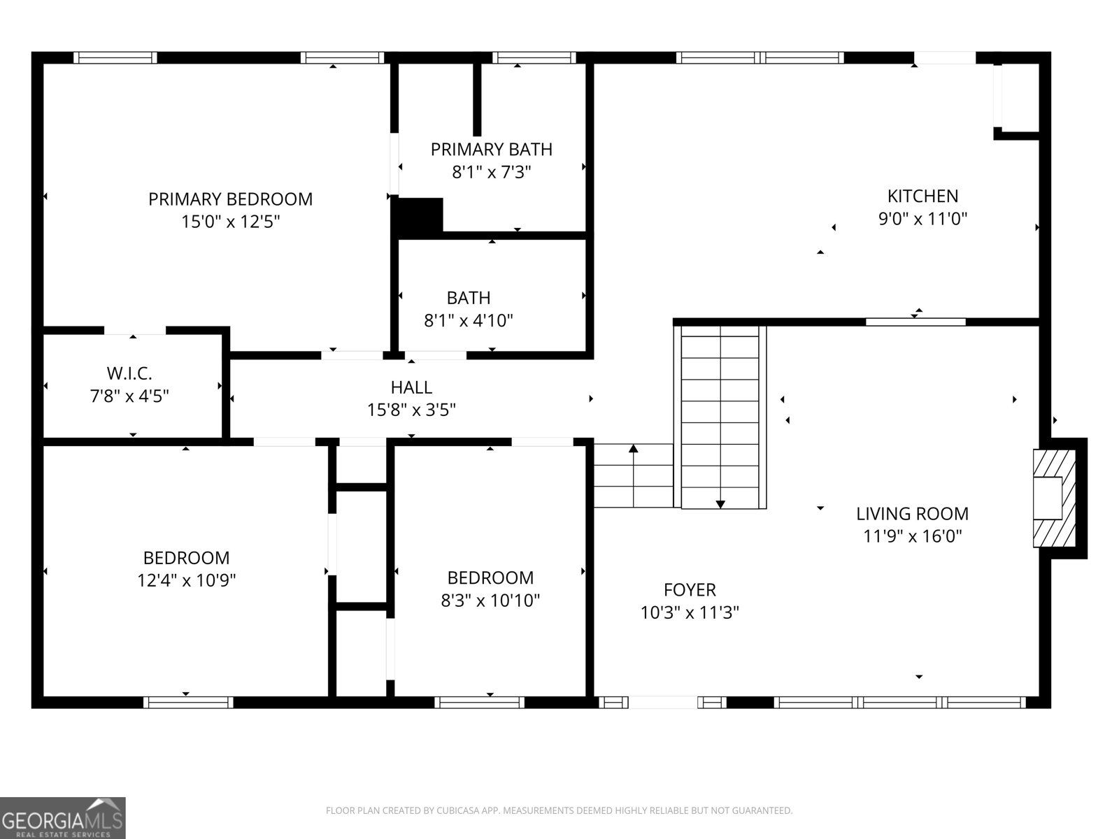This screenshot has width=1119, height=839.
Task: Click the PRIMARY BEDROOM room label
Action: click(230, 199)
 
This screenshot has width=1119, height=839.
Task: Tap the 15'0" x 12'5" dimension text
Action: click(230, 222)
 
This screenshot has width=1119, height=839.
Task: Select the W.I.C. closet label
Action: click(129, 373)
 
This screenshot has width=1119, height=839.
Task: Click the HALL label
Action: click(411, 387)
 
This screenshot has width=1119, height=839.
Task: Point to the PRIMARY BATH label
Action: click(491, 150)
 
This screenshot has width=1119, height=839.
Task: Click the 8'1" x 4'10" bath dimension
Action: click(469, 321)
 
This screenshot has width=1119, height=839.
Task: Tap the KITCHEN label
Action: click(922, 196)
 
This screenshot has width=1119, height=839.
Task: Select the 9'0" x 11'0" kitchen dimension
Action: click(922, 219)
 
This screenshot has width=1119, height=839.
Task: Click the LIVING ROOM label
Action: click(913, 514)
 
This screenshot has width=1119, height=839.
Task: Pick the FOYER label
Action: click(690, 590)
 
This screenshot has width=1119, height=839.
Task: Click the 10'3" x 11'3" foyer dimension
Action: click(690, 613)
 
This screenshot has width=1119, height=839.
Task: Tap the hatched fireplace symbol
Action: click(1055, 498)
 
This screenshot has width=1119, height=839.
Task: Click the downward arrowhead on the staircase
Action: click(720, 504)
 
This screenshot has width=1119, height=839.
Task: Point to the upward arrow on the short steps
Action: click(634, 449)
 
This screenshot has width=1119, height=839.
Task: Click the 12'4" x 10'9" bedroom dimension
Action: click(186, 580)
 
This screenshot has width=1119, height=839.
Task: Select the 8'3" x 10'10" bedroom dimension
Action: click(490, 601)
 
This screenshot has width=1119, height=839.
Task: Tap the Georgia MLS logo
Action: click(63, 817)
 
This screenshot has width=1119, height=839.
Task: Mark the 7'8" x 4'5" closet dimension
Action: click(129, 396)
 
